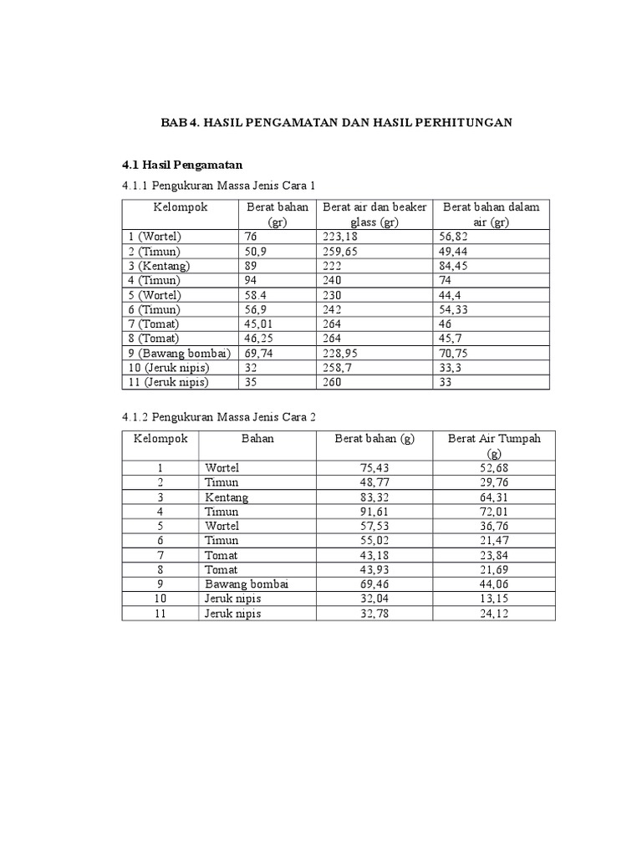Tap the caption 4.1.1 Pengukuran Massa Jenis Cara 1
pos(220,185)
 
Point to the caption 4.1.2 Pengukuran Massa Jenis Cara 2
pos(220,416)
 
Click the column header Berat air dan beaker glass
pos(374,214)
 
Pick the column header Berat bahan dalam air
pos(491,214)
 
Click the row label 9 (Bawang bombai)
pos(179,354)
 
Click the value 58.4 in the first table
pos(256,295)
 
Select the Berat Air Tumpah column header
pos(494,446)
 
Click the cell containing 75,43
pos(372,468)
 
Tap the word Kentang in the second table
pos(227,497)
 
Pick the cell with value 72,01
pos(494,512)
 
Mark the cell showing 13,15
pos(494,599)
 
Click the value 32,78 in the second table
pos(372,614)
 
